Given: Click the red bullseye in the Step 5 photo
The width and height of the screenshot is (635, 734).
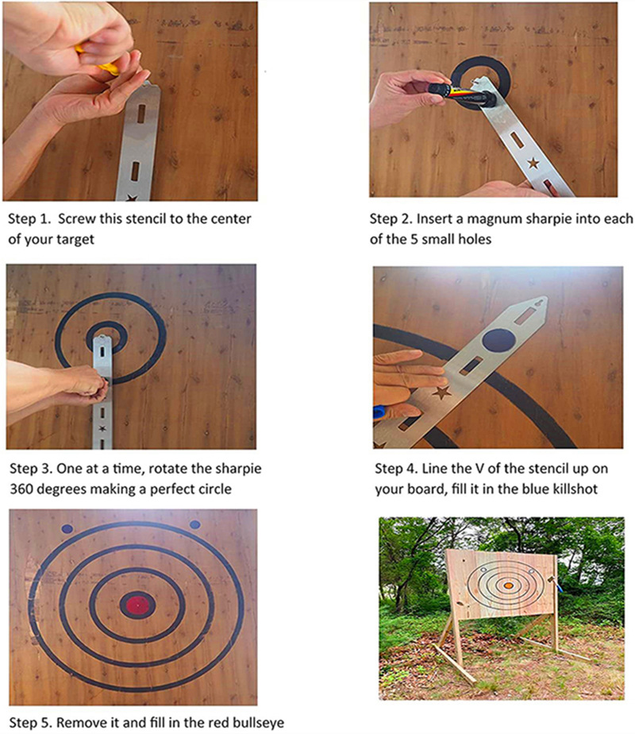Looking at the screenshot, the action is tap(137, 605).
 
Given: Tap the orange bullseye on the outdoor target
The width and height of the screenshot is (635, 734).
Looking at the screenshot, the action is tap(508, 585).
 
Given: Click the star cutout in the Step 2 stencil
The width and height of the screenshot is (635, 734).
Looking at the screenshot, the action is tap(533, 164).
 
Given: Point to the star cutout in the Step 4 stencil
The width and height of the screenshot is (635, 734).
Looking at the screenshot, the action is tap(441, 392).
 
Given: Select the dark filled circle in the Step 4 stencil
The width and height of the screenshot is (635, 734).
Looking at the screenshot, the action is tap(499, 340).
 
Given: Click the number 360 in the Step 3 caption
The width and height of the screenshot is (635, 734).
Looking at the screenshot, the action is tap(21, 489).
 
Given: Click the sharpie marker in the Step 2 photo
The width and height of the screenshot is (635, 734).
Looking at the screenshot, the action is tap(462, 92).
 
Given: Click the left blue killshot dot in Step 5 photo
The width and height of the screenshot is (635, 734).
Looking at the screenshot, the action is tap(67, 529).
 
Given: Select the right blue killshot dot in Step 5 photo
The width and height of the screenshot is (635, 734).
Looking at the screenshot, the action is tap(195, 525).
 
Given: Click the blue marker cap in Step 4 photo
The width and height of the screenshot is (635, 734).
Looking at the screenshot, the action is tap(379, 412).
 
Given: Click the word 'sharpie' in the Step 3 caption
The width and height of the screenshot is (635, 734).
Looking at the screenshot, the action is tap(237, 469).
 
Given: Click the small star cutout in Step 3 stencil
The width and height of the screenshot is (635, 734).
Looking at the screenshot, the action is tap(102, 428).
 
